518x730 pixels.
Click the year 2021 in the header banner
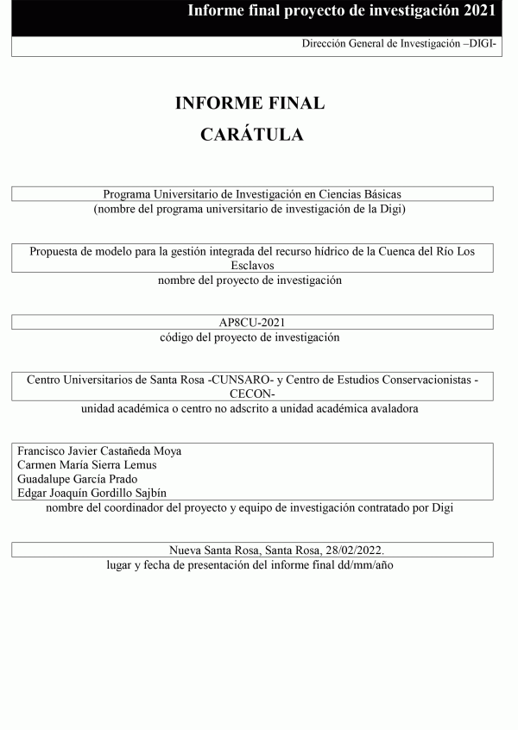pyautogui.click(x=478, y=10)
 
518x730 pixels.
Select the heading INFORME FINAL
pyautogui.click(x=250, y=104)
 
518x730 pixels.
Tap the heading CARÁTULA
pyautogui.click(x=251, y=135)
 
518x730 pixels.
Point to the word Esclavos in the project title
pyautogui.click(x=251, y=266)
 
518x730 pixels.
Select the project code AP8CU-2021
pyautogui.click(x=251, y=323)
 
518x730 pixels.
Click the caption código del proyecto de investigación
pyautogui.click(x=250, y=337)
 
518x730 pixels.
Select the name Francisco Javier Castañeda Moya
pyautogui.click(x=100, y=451)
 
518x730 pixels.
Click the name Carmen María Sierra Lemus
pyautogui.click(x=87, y=465)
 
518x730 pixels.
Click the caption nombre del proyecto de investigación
pyautogui.click(x=250, y=280)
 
